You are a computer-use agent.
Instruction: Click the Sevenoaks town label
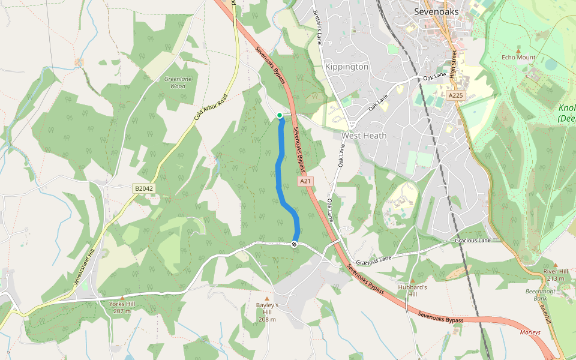[436, 11]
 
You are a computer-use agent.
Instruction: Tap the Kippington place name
[346, 67]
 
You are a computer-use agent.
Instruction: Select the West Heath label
[364, 136]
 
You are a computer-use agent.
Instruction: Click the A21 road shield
[305, 181]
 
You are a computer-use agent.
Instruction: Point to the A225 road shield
[456, 95]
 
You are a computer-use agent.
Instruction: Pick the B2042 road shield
[144, 188]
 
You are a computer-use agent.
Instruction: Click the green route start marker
[280, 115]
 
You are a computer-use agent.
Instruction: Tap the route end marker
[295, 244]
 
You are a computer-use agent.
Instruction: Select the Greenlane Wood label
[175, 82]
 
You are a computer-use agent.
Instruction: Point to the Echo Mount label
[518, 58]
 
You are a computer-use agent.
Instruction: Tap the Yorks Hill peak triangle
[122, 298]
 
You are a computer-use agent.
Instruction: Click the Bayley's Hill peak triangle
[267, 298]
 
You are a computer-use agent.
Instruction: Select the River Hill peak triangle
[556, 264]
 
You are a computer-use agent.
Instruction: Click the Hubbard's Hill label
[412, 290]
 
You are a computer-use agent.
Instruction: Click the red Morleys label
[530, 332]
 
